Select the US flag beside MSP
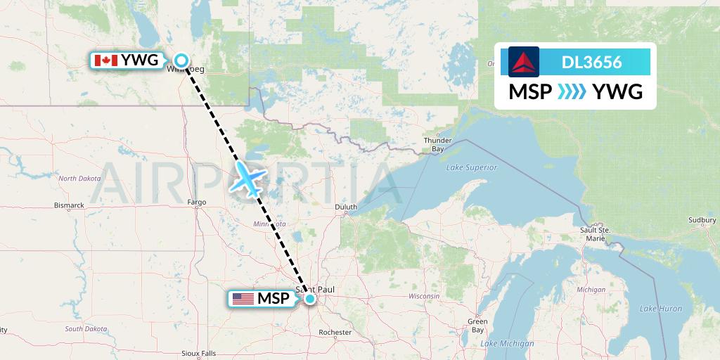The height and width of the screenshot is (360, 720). (x=243, y=299)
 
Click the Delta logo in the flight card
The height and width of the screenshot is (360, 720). (x=524, y=62)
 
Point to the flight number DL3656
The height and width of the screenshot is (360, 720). (x=591, y=63)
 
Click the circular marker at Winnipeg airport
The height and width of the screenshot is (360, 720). (x=181, y=60)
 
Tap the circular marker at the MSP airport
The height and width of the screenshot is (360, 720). (x=309, y=299)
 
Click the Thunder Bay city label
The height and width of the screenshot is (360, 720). (x=437, y=145)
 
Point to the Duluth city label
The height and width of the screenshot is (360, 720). (x=345, y=207)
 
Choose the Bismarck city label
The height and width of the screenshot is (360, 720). (x=70, y=205)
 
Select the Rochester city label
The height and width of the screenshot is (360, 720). (x=335, y=332)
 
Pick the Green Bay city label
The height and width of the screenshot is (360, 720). (x=478, y=326)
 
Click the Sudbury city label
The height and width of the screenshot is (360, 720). (x=702, y=220)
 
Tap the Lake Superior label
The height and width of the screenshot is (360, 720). (x=471, y=167)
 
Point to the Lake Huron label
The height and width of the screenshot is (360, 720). (x=661, y=309)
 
